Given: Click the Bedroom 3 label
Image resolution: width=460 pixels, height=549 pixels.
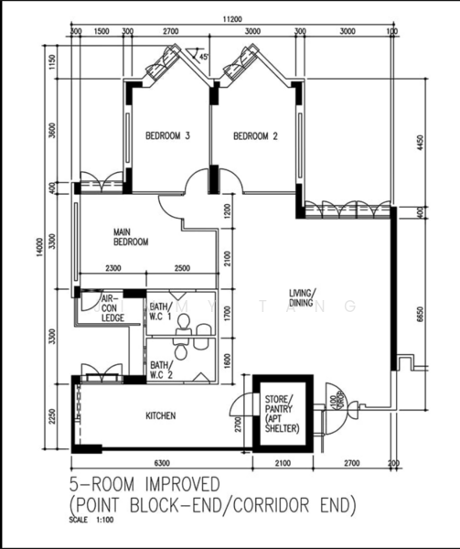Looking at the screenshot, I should click(167, 137).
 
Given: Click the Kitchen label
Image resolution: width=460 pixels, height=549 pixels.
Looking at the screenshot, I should click(161, 415).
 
